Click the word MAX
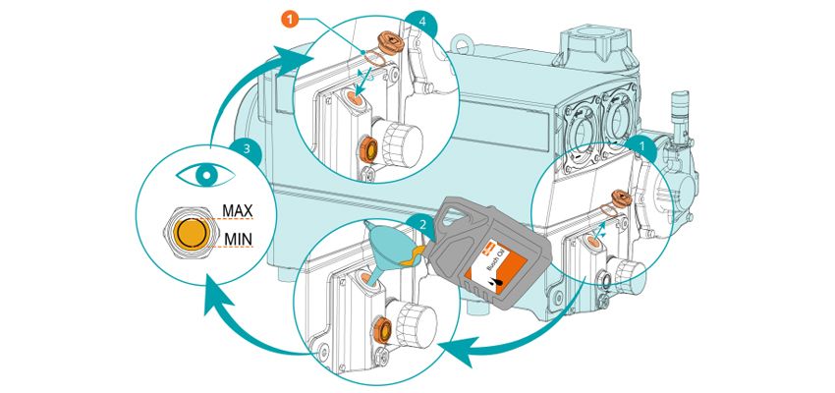tap(239, 209)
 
